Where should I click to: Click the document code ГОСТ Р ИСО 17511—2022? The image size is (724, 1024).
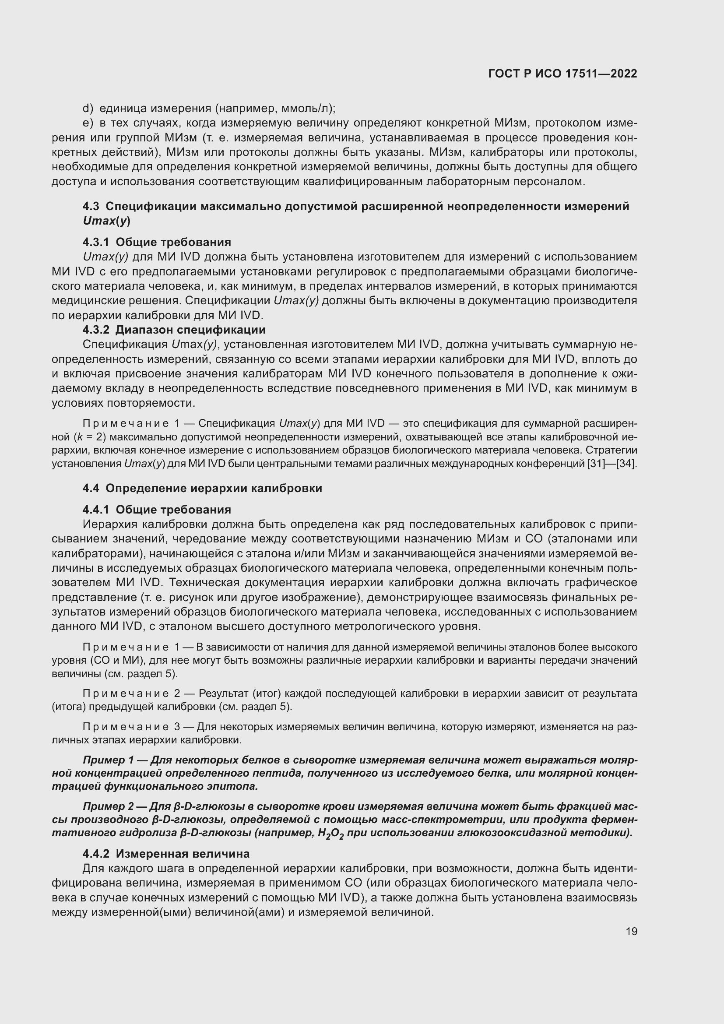(562, 74)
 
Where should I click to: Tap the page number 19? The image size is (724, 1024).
(631, 931)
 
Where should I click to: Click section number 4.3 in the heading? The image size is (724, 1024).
(91, 207)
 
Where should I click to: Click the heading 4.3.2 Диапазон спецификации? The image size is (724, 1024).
(174, 330)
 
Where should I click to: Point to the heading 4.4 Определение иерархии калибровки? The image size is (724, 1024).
(202, 488)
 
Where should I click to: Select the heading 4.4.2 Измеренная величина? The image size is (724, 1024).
(166, 854)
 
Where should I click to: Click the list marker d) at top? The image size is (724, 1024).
(88, 109)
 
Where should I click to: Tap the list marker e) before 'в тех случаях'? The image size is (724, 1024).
(88, 123)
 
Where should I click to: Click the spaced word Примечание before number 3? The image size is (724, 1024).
(126, 727)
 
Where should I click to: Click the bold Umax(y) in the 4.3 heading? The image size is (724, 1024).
(106, 221)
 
